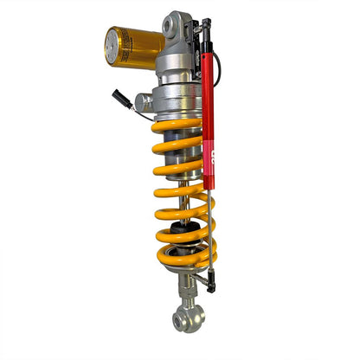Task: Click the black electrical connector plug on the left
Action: coord(120,97)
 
